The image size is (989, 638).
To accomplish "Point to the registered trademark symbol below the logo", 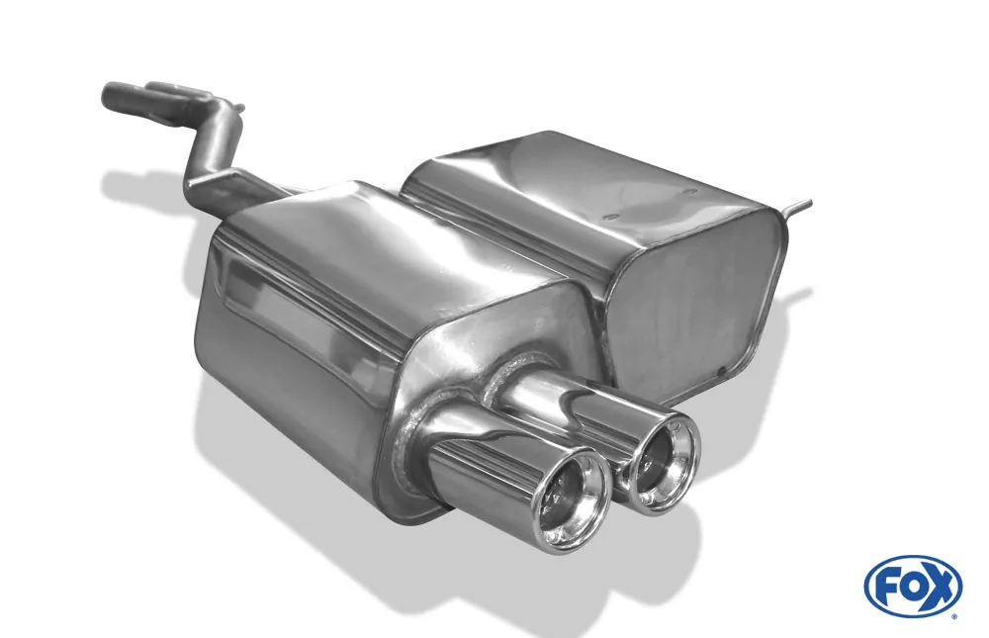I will click(x=953, y=615).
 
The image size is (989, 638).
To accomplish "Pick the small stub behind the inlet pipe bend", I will click(x=238, y=105).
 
